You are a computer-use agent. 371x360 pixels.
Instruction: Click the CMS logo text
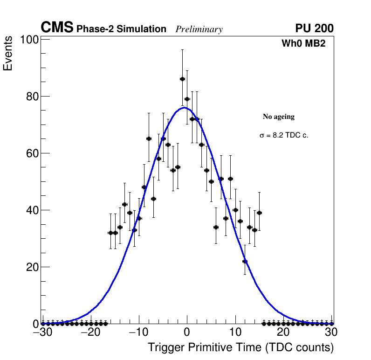point(57,28)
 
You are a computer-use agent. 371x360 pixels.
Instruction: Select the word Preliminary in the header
point(199,29)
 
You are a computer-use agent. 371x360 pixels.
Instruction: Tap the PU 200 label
point(314,28)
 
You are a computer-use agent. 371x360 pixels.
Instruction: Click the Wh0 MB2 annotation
point(303,43)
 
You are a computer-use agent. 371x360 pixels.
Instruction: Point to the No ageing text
point(279,117)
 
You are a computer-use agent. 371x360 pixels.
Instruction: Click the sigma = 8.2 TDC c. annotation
point(284,135)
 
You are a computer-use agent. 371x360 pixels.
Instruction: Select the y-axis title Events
point(8,59)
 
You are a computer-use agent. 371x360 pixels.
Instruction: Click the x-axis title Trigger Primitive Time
point(241,347)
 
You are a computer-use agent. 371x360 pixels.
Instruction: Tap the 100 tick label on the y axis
point(28,40)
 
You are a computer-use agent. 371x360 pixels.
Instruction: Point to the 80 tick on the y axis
point(31,97)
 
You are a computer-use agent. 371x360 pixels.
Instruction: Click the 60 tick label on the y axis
point(31,153)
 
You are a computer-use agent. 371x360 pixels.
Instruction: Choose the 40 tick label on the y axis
point(31,210)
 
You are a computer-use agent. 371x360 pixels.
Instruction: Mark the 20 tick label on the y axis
point(31,267)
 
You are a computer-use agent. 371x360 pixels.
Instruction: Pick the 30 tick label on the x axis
point(331,332)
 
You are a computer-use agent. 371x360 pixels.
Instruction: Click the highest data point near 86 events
point(182,79)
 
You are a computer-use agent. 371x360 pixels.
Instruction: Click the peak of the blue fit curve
point(184,107)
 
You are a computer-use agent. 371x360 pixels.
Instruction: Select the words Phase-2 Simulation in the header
point(121,29)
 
